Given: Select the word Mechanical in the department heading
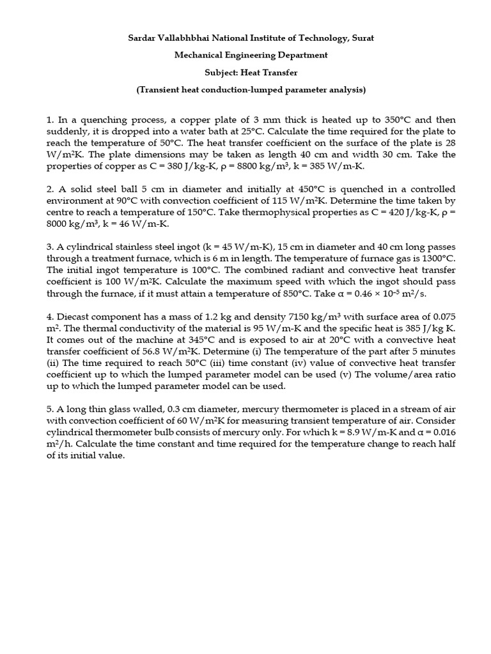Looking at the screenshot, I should (x=198, y=56).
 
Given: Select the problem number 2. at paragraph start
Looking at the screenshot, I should (x=51, y=190).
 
